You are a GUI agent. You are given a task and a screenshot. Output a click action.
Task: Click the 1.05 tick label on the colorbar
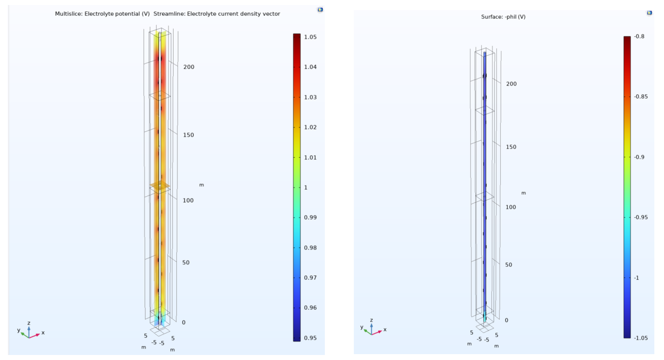coord(310,37)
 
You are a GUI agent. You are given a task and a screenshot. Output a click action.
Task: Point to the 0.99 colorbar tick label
coord(310,217)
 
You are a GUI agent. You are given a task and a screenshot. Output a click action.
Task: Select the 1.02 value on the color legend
coord(310,127)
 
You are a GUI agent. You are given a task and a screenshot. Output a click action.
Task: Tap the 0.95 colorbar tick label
coord(310,338)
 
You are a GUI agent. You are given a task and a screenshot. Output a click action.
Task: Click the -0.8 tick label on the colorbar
coord(639,37)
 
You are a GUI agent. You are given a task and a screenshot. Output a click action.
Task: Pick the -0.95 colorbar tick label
coord(640,217)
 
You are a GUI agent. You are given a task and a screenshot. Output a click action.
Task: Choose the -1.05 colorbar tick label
coord(640,338)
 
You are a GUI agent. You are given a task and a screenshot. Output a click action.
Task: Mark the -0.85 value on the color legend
coord(640,97)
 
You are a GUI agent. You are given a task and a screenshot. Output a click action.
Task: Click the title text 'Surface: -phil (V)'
coord(503,17)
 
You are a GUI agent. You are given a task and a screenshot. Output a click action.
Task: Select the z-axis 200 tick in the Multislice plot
coord(188,67)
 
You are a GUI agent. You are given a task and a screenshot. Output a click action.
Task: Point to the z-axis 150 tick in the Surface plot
coord(511,147)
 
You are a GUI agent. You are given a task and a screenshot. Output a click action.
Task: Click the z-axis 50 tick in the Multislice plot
coord(186,262)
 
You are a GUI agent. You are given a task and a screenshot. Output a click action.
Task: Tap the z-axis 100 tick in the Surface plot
coord(510,207)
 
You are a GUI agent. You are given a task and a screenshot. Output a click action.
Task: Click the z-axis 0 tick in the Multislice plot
coord(183,322)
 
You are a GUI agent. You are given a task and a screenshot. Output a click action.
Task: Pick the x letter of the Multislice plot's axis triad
coord(43,333)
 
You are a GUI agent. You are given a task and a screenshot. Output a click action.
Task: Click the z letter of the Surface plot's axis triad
coord(371,321)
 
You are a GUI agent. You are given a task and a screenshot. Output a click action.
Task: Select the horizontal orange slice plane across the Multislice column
coord(160,185)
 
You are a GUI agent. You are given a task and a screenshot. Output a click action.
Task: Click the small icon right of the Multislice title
coord(320,9)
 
